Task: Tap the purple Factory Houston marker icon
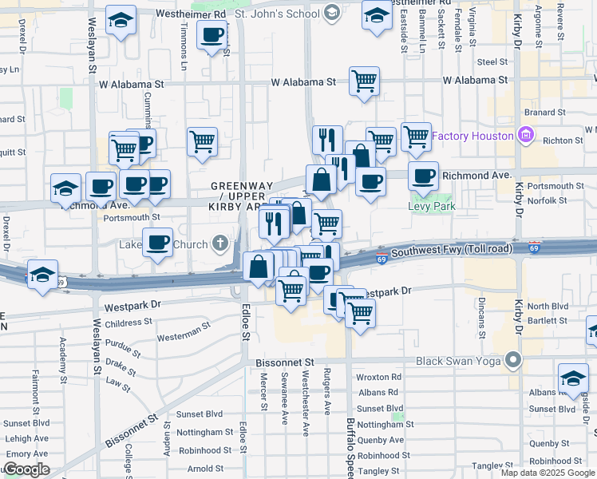(x=525, y=135)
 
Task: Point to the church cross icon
(x=219, y=243)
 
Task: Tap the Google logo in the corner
(x=26, y=469)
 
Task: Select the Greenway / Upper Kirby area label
(x=237, y=196)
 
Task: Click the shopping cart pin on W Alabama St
(x=364, y=81)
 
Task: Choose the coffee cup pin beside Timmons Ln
(x=212, y=35)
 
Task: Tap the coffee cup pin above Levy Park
(x=423, y=176)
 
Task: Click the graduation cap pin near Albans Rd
(x=573, y=380)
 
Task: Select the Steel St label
(x=492, y=61)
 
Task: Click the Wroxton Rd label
(x=378, y=377)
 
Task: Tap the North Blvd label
(x=548, y=307)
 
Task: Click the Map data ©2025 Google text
(x=548, y=473)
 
